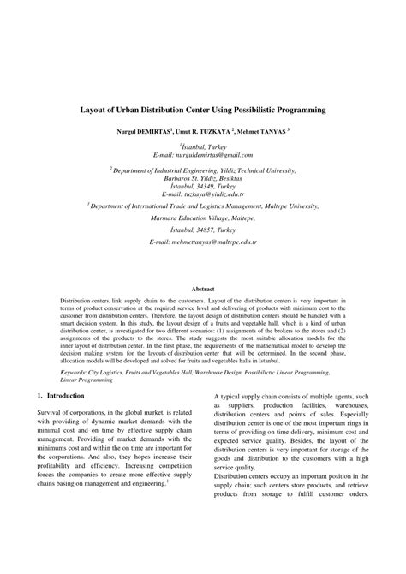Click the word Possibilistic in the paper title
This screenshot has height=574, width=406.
[x=262, y=111]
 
